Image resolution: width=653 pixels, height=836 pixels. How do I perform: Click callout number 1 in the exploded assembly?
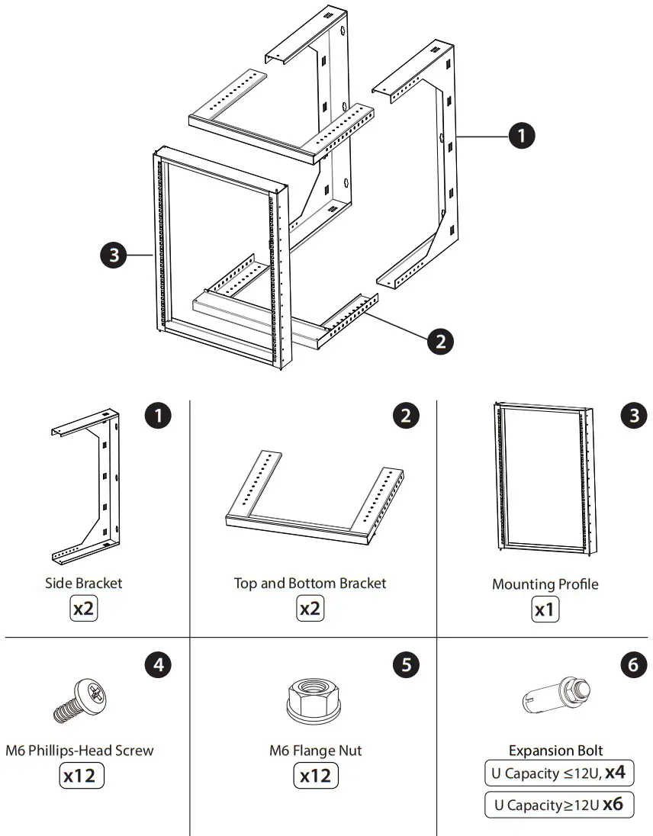click(x=521, y=137)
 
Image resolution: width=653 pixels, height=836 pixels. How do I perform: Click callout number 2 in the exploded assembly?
click(x=440, y=341)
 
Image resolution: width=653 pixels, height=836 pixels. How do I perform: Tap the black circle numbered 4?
click(x=158, y=665)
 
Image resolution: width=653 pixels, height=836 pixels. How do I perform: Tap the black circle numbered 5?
click(x=405, y=665)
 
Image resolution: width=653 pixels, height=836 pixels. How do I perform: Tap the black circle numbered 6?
click(x=632, y=665)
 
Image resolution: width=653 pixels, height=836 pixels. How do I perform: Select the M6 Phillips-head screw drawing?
click(x=82, y=701)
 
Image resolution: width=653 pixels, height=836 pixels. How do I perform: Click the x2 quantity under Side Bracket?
click(x=84, y=610)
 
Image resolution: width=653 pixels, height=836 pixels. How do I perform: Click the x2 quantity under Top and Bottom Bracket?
click(x=310, y=610)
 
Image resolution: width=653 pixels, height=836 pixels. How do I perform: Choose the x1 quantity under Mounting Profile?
click(x=545, y=611)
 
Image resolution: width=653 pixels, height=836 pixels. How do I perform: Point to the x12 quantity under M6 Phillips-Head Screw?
click(x=81, y=776)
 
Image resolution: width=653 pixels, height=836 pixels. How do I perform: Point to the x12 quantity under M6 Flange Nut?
click(x=316, y=776)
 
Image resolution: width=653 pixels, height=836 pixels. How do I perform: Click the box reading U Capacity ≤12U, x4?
click(x=558, y=773)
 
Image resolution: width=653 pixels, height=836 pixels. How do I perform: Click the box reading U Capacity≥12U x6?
click(x=558, y=805)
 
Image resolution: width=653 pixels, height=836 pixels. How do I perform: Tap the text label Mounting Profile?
click(x=545, y=584)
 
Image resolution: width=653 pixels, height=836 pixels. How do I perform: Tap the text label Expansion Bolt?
click(x=556, y=751)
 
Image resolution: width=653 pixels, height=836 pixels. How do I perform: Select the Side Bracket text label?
click(x=83, y=584)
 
